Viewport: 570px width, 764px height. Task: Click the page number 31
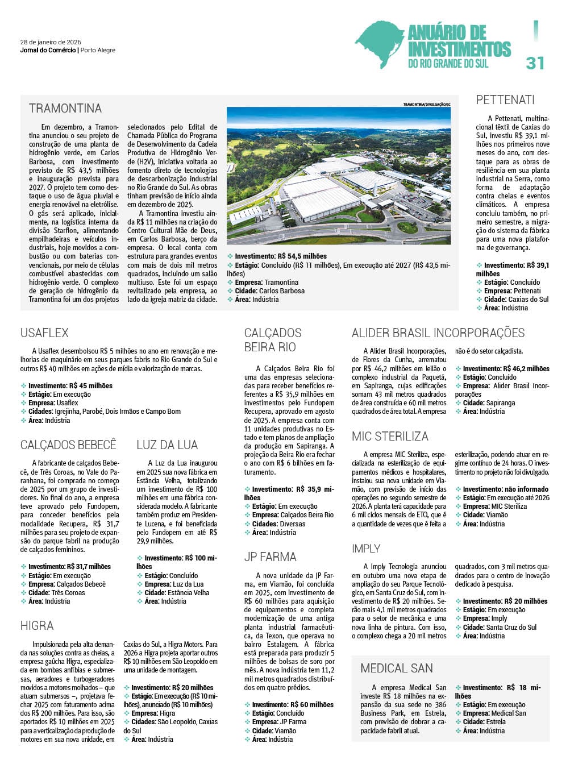tap(535, 63)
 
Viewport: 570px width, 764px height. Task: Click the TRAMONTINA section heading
tap(65, 108)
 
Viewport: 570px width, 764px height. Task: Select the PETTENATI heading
tap(505, 100)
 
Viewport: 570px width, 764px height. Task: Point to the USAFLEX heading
tap(44, 333)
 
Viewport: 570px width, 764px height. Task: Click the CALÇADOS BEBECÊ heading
tap(68, 445)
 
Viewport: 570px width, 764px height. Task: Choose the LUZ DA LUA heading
tap(167, 445)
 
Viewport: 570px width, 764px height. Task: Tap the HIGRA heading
tap(37, 625)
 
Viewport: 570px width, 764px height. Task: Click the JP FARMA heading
tap(271, 557)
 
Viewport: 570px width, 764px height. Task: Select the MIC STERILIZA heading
tap(390, 436)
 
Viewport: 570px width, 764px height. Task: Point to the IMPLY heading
tap(366, 549)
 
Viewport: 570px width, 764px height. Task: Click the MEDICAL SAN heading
tap(397, 668)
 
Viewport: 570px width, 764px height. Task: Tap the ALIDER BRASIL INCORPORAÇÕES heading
tap(438, 333)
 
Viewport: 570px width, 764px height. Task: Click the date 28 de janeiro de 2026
tap(51, 42)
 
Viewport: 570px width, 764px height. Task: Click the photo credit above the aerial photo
tap(426, 105)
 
